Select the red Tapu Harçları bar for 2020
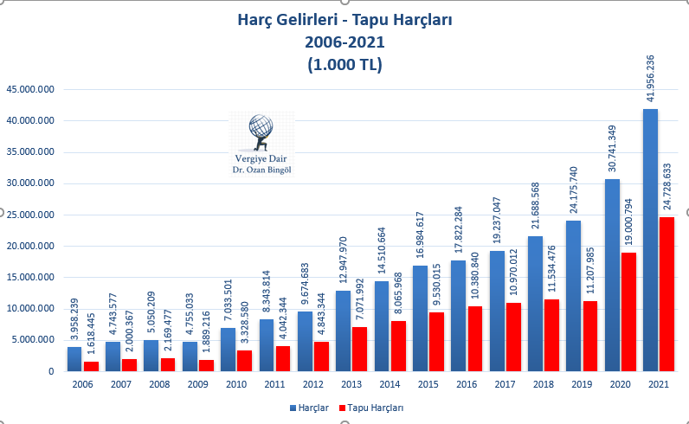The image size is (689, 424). (x=628, y=312)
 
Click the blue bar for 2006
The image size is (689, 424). (x=75, y=358)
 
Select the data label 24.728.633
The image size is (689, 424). (x=667, y=188)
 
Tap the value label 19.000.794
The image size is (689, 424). (x=629, y=222)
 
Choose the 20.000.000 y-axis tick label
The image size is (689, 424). (x=30, y=247)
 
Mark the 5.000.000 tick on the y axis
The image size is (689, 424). (x=33, y=340)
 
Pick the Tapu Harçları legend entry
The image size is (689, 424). (x=374, y=407)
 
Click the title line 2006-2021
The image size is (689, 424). (x=344, y=42)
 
